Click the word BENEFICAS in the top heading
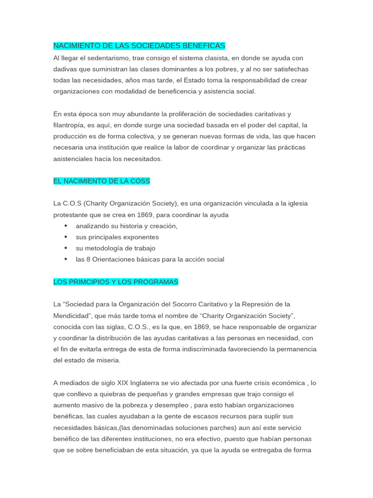pyautogui.click(x=204, y=46)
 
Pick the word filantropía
pyautogui.click(x=69, y=125)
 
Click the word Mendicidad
pyautogui.click(x=71, y=316)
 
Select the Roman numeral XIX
pyautogui.click(x=125, y=383)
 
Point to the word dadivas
pyautogui.click(x=65, y=69)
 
